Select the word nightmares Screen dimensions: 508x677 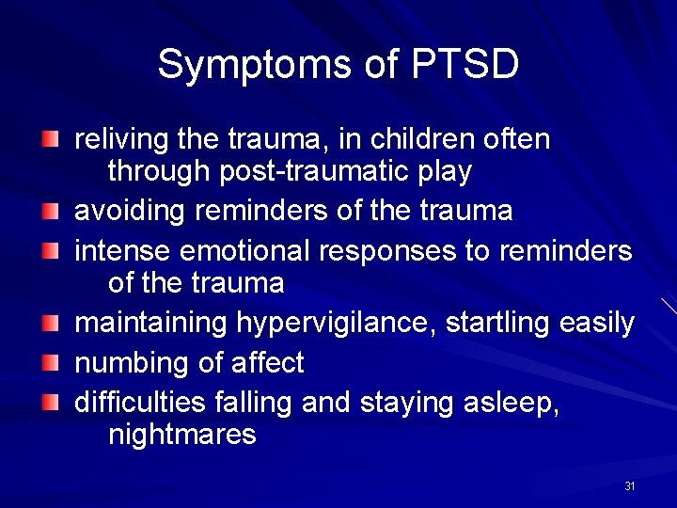(181, 435)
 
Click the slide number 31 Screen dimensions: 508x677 (630, 486)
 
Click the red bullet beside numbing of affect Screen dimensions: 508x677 (53, 362)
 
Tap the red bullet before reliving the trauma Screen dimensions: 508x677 (53, 139)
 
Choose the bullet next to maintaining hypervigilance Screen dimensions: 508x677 (53, 323)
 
